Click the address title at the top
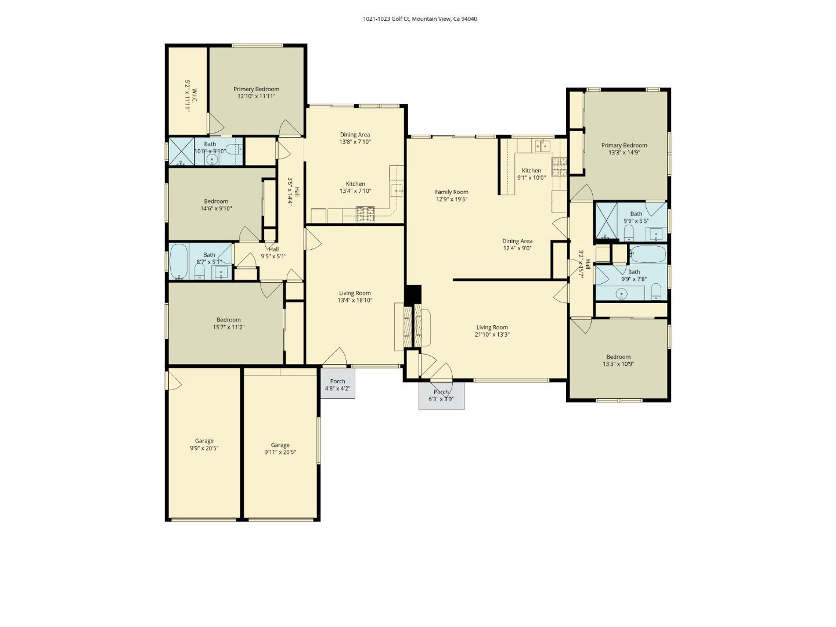420,19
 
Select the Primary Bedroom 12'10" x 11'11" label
256,93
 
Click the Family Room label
452,195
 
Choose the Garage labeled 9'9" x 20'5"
204,444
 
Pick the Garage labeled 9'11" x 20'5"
280,448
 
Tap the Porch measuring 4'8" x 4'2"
337,384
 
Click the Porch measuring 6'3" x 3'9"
441,395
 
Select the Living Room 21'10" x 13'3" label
492,331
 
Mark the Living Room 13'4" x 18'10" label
355,297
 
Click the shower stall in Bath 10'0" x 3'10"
181,152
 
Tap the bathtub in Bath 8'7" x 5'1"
179,262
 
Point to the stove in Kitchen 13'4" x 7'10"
365,215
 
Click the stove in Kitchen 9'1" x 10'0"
558,167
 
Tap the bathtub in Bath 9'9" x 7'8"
648,253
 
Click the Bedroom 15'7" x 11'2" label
228,323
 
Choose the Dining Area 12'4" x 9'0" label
517,244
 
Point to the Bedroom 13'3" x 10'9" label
618,361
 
